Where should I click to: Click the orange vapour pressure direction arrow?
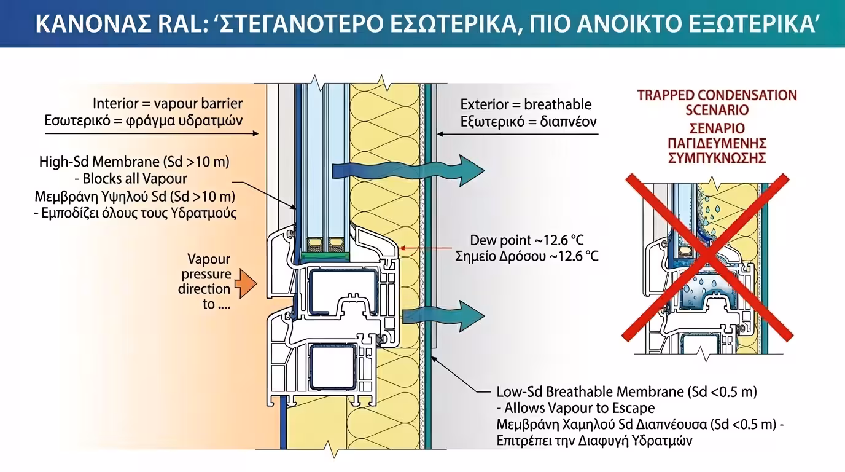tap(246, 282)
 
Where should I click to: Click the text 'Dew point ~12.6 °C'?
tap(534, 240)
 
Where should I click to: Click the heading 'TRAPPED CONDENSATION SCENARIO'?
tap(717, 103)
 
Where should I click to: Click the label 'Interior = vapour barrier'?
tap(168, 103)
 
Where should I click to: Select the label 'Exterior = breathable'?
tap(526, 104)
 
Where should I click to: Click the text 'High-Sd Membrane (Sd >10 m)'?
tap(134, 162)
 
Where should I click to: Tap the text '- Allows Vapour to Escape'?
tap(575, 408)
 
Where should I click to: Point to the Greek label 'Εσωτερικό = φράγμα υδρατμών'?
tap(144, 120)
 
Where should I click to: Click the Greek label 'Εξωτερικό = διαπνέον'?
tap(528, 121)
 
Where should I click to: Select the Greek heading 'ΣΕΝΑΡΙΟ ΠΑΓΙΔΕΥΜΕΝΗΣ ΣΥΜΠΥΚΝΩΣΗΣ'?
tap(717, 143)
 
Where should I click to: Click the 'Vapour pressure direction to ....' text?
tap(206, 281)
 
